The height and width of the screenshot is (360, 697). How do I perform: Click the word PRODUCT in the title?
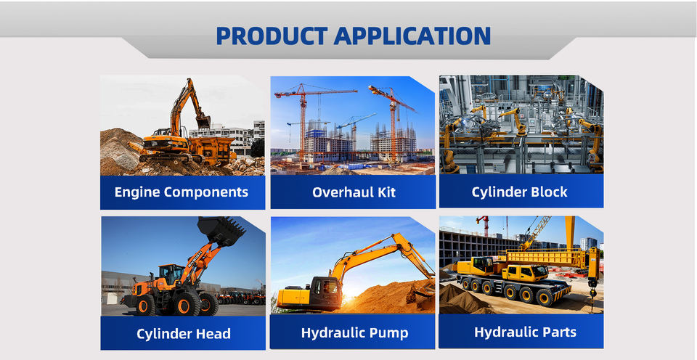click(x=272, y=36)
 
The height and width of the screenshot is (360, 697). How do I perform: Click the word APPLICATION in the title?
click(x=412, y=36)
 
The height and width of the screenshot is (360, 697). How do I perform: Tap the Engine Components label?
click(x=182, y=192)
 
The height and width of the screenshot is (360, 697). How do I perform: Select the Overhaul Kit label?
click(x=354, y=192)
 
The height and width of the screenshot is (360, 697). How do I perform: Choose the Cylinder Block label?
click(x=520, y=192)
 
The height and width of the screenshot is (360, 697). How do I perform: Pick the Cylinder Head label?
click(x=184, y=334)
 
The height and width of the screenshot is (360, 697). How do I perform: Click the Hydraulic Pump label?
click(x=355, y=333)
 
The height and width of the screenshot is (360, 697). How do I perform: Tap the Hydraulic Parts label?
click(x=526, y=332)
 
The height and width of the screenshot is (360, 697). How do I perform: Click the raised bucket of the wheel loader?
click(x=221, y=231)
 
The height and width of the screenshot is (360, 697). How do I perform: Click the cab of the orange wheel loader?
click(x=170, y=274)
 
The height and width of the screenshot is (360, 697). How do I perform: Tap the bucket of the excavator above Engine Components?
click(x=203, y=120)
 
